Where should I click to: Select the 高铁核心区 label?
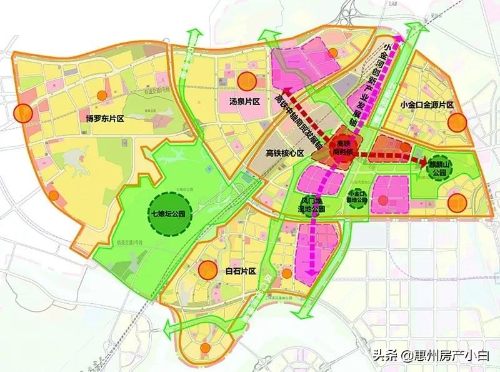[x=284, y=154]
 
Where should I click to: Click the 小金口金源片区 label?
[x=429, y=105]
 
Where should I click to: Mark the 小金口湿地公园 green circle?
[x=357, y=198]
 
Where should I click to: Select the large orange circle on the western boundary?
[x=24, y=113]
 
